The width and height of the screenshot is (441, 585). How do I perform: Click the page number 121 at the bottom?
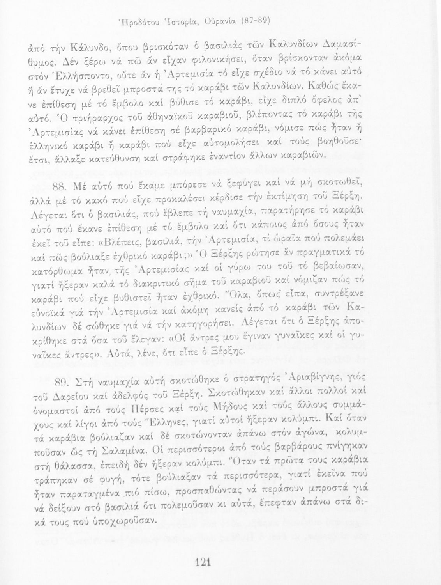(x=203, y=562)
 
